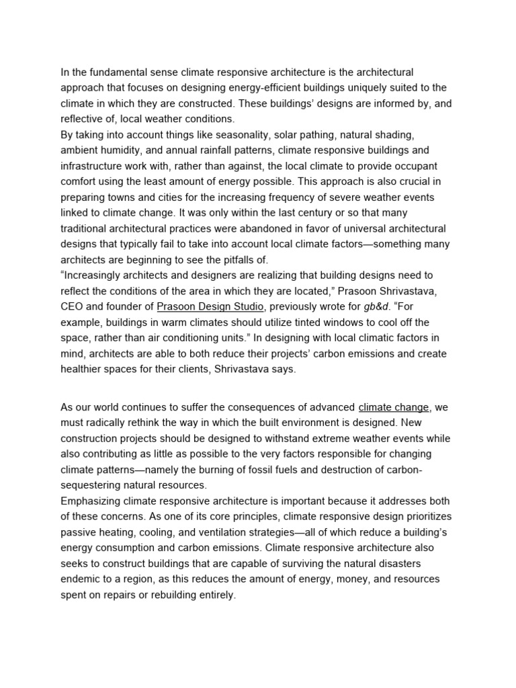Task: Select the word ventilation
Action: [x=210, y=532]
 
